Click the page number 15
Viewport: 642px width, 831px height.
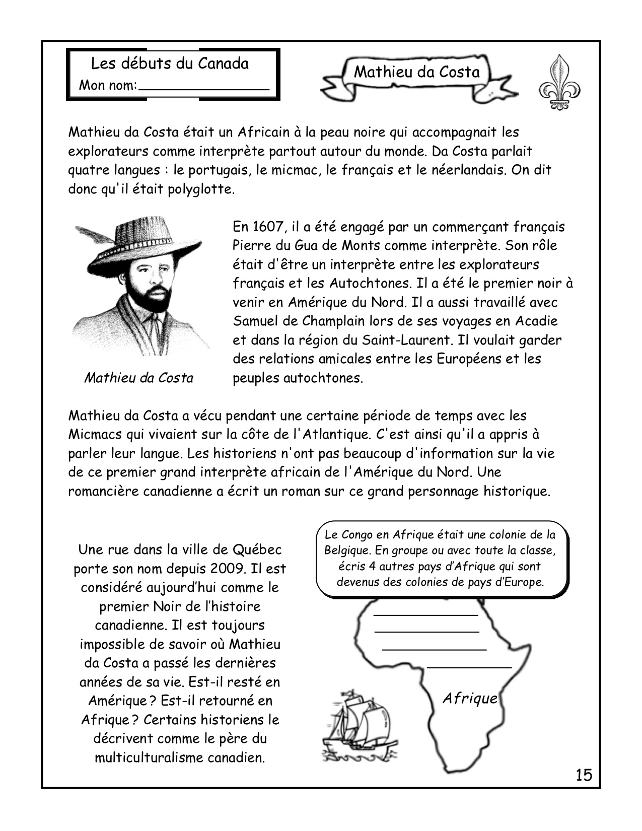pyautogui.click(x=584, y=775)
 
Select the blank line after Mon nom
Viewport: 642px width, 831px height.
pyautogui.click(x=204, y=89)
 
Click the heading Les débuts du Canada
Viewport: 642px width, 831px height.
pyautogui.click(x=170, y=64)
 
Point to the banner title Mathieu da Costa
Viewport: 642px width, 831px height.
pyautogui.click(x=417, y=72)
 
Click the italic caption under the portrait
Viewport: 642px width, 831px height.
pyautogui.click(x=139, y=378)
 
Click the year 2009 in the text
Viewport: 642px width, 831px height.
pyautogui.click(x=228, y=569)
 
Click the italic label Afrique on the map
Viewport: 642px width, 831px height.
pyautogui.click(x=469, y=699)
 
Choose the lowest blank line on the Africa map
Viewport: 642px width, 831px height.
pyautogui.click(x=469, y=667)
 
